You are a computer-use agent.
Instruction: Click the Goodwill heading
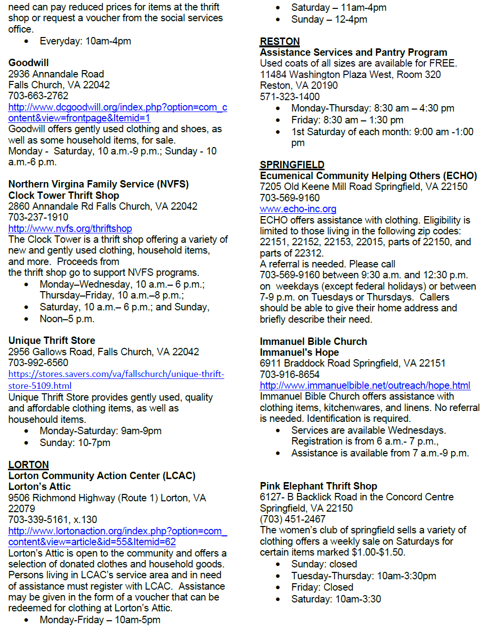coord(28,63)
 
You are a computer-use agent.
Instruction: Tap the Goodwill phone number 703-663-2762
coord(38,96)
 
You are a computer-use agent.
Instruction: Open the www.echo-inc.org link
coord(298,209)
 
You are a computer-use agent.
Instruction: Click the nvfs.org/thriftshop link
coord(70,228)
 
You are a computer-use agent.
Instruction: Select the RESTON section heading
coord(280,41)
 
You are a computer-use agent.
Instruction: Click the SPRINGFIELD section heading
coord(292,165)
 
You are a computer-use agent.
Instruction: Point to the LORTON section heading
coord(29,465)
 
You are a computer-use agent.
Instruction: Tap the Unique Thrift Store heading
coord(51,340)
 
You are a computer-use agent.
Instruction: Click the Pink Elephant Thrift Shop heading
coord(318,486)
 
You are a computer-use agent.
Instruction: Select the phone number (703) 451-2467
coord(292,519)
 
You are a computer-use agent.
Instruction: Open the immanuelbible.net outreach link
coord(365,385)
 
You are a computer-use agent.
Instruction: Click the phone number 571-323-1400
coord(289,97)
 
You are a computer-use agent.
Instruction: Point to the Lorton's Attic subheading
coord(40,487)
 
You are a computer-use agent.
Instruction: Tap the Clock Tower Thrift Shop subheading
coord(64,195)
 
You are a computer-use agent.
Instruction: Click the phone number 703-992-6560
coord(38,363)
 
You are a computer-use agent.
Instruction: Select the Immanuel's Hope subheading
coord(299,352)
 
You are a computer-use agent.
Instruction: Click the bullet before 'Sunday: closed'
coord(278,564)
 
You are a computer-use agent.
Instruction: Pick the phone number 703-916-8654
coord(289,375)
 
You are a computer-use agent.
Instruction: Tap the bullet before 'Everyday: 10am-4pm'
coord(26,41)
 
